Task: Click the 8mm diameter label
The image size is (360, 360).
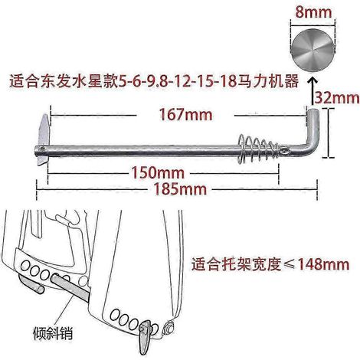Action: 313,11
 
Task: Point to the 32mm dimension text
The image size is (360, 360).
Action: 337,97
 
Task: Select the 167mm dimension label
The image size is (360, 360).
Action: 185,114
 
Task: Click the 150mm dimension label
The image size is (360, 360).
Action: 158,172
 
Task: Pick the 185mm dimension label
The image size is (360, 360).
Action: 180,189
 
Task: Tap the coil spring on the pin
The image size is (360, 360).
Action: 257,149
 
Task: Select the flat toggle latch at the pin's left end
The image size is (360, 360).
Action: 44,140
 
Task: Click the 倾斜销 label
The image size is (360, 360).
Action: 53,333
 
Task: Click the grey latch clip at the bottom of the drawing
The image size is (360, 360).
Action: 144,335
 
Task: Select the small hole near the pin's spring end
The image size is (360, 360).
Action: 284,152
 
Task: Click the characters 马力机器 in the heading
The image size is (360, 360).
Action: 268,82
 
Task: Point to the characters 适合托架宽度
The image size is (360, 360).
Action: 237,264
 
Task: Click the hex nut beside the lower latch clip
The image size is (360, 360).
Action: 169,326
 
